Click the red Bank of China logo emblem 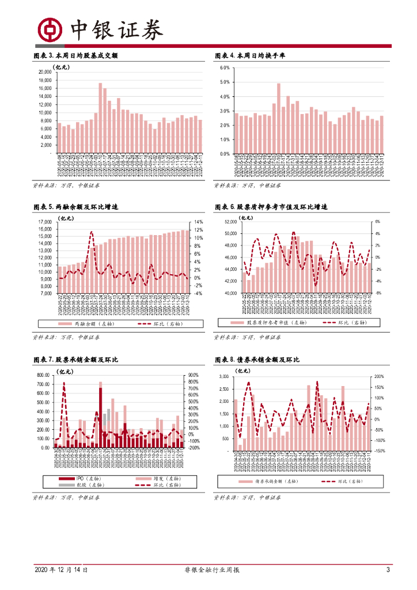point(50,28)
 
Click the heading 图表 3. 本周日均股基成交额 point(78,56)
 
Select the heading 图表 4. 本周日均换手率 point(249,56)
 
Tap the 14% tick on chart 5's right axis point(198,222)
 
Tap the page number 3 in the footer point(388,570)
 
